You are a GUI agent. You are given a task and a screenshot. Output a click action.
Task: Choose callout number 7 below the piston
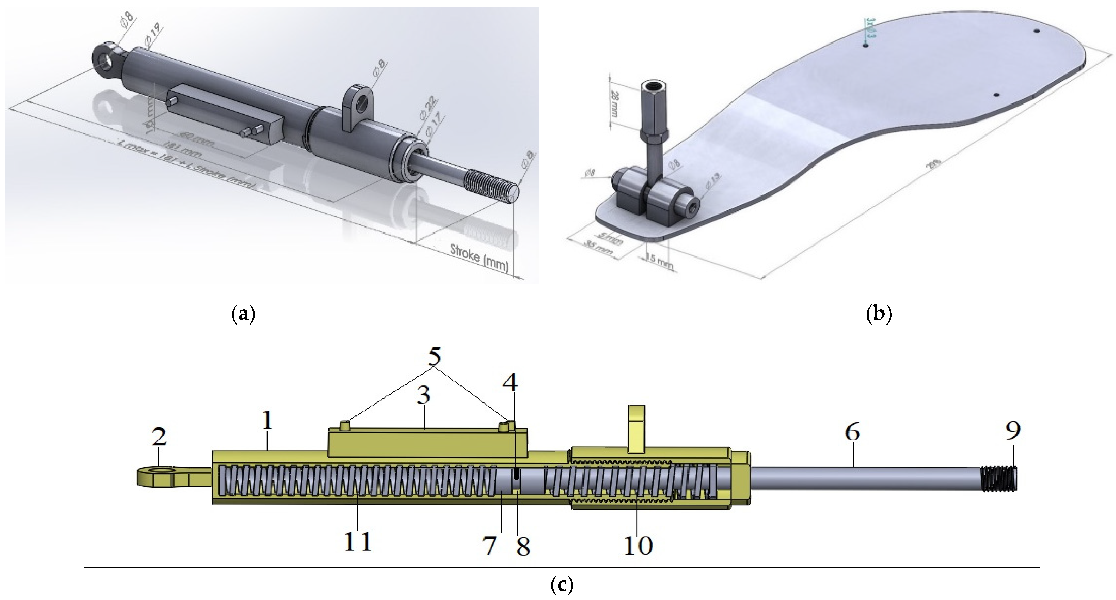point(490,546)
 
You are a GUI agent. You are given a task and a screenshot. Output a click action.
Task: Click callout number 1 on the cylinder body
point(267,420)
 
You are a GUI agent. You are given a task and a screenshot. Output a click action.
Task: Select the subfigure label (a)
point(243,314)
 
